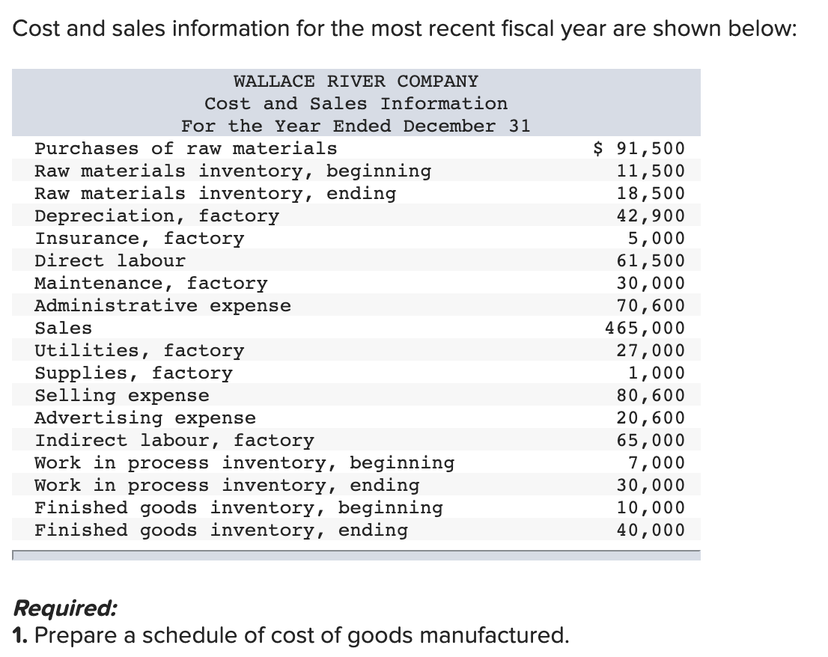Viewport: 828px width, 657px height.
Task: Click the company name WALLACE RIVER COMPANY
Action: point(356,81)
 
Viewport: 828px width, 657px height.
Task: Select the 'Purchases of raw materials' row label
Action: point(186,148)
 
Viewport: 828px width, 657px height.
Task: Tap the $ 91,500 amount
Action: point(639,148)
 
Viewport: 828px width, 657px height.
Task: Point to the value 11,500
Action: point(650,171)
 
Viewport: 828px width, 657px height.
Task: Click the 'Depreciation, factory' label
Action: point(157,216)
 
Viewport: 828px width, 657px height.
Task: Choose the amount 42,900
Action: point(650,216)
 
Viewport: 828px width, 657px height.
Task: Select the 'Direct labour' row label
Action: point(110,260)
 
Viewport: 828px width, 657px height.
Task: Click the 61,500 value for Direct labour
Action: point(650,260)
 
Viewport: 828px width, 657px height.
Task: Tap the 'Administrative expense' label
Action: point(163,305)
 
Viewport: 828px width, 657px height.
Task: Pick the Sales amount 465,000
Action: point(645,328)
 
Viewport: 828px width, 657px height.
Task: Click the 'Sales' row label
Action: point(64,328)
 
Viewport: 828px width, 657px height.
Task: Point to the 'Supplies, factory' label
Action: point(134,373)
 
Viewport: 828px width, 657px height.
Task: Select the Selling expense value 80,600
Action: point(650,395)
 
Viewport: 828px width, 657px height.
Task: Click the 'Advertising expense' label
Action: point(145,418)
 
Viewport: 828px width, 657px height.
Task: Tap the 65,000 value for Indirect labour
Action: point(650,440)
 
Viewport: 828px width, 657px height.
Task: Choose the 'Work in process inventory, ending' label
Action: point(227,485)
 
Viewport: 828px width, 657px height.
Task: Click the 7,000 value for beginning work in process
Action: point(656,462)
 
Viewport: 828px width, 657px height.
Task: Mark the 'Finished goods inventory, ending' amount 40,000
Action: point(650,530)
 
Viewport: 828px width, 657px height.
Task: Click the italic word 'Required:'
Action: point(65,608)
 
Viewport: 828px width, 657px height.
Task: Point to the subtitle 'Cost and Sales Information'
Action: point(356,103)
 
